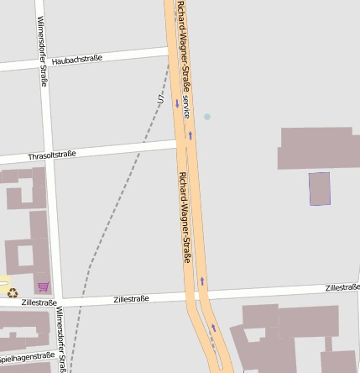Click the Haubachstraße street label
coord(76,58)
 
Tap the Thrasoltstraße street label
coord(52,155)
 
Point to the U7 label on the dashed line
coord(161,98)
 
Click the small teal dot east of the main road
coord(207,116)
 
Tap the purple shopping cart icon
coord(43,286)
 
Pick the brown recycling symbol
coord(12,292)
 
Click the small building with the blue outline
coord(320,189)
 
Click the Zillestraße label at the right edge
coord(342,287)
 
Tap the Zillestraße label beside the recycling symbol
coord(39,302)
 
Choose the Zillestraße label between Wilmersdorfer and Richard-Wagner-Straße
coord(130,298)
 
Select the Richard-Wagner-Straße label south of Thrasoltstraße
coord(185,217)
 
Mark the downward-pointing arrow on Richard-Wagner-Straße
coord(177,103)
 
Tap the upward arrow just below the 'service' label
coord(190,134)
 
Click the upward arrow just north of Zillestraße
coord(201,281)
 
